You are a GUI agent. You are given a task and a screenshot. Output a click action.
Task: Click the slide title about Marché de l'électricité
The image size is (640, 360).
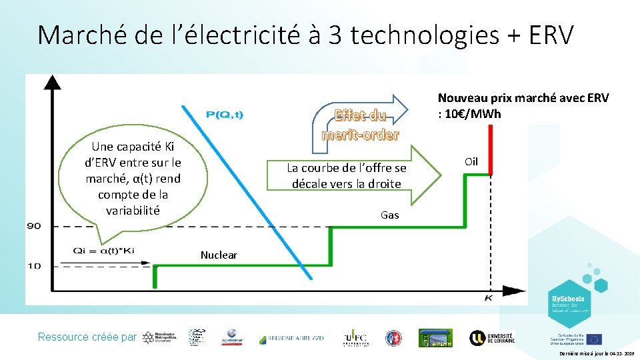(305, 35)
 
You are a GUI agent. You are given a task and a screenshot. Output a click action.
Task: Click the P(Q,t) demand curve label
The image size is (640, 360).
(225, 115)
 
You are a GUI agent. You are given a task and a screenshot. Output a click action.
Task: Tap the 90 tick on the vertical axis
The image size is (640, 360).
(34, 226)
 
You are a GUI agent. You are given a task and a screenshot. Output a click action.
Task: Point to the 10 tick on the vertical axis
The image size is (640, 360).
(34, 265)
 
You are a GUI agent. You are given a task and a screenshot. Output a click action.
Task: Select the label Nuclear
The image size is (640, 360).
(219, 255)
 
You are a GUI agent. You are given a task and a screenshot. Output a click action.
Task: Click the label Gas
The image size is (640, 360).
(389, 215)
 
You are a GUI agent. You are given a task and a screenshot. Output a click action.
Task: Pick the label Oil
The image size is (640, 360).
(471, 162)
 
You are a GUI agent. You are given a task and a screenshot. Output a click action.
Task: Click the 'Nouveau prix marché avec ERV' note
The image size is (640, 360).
(523, 105)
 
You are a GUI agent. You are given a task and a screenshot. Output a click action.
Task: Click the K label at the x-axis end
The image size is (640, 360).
(488, 297)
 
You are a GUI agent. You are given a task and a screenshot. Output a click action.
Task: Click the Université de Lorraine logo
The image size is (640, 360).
(492, 337)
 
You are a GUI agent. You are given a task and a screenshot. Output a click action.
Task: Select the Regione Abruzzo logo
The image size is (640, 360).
(291, 338)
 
